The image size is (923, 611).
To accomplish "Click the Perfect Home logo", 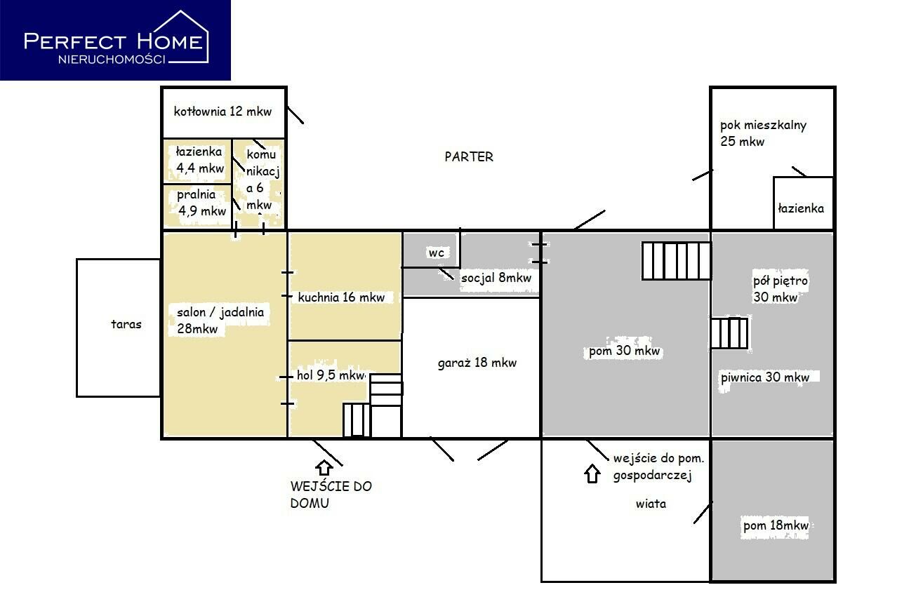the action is coord(115,40).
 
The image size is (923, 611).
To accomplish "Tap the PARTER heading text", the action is coord(469,157).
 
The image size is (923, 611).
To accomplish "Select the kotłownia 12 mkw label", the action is coord(223,112).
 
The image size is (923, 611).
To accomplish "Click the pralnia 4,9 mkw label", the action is coord(201,203).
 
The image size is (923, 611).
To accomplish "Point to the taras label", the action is coord(126,324).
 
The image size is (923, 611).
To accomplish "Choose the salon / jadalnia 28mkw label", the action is coord(220,321).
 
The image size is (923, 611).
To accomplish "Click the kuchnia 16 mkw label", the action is coord(341,297).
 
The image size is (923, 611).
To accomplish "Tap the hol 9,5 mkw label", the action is coord(331,375).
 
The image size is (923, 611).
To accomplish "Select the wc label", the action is coord(437,253).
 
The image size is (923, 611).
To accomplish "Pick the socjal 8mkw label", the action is coord(496,278).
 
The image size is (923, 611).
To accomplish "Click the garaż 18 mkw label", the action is coord(477,363).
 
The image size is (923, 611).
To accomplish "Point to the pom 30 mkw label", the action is coord(624,351).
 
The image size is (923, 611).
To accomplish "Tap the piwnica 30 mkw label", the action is coord(765,377).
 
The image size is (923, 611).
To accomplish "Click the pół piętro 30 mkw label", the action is coord(780,288).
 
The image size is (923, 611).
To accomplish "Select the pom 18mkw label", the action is coord(776,525).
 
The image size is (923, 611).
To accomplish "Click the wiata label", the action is coord(651,504).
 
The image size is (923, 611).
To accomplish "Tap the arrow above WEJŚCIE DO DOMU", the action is coord(324,468).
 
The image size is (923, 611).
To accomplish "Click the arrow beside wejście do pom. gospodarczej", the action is coord(592,474).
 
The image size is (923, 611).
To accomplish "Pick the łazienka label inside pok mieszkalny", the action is coord(801,209).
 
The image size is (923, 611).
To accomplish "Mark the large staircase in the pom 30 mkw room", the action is coord(676,261).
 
